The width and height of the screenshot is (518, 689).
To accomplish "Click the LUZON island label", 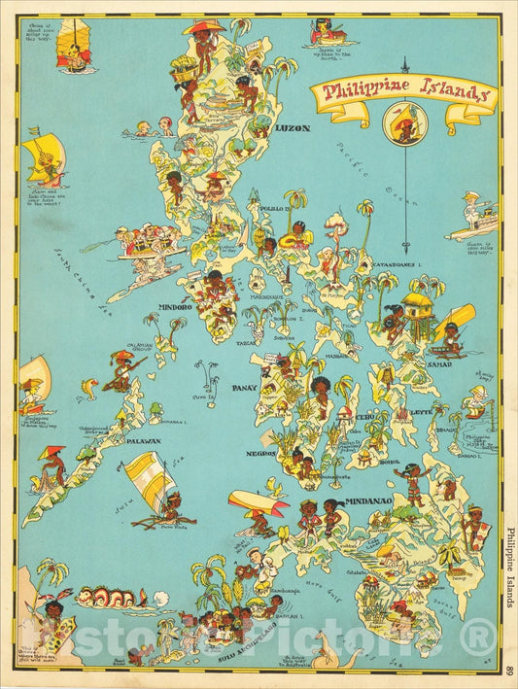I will [293, 127].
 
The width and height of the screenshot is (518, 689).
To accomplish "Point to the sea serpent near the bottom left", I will [107, 595].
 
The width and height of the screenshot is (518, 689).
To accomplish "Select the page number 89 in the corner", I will [509, 669].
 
